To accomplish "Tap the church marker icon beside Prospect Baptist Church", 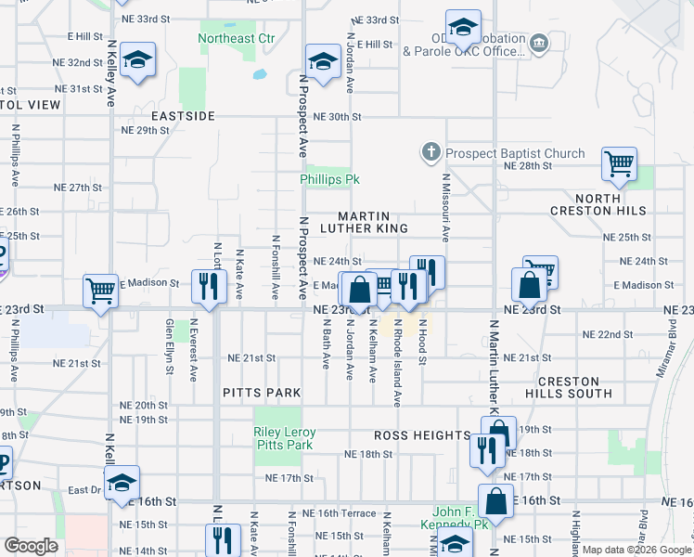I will [431, 152].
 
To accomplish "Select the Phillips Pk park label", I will [329, 179].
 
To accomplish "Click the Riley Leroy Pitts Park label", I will [285, 439].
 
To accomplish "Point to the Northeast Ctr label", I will [238, 38].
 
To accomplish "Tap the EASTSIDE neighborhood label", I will [184, 116].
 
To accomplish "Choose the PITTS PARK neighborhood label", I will [263, 393].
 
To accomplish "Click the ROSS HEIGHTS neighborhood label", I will [422, 435].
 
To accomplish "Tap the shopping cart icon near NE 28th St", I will [619, 164].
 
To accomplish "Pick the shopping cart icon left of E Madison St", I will [100, 290].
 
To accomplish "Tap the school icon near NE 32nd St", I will [137, 61].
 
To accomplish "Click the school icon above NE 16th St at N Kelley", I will [122, 482].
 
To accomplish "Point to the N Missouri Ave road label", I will [445, 209].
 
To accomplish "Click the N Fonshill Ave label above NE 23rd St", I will [276, 266].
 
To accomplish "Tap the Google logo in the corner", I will [31, 546].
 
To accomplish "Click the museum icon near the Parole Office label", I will [537, 43].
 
